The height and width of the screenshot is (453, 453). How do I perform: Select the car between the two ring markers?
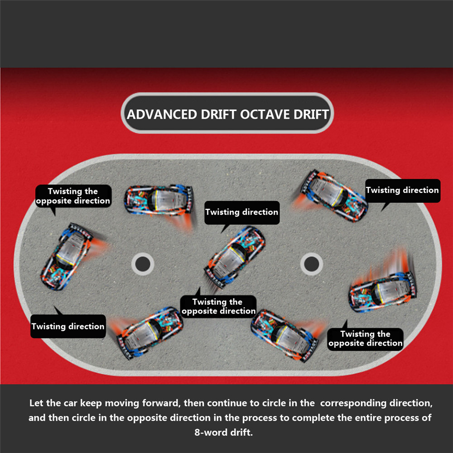[234, 257]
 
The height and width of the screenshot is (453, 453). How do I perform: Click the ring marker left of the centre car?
[143, 264]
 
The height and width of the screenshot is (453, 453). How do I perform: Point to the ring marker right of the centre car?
[312, 264]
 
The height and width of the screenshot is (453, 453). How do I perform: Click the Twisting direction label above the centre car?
[242, 212]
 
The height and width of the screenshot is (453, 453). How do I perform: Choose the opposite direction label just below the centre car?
[218, 307]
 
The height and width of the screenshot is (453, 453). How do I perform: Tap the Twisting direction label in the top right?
[403, 190]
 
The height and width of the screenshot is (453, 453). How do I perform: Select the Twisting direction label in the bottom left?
[68, 327]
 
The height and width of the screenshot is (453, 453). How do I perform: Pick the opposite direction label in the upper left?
[73, 196]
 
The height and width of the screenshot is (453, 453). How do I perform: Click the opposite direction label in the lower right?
[366, 339]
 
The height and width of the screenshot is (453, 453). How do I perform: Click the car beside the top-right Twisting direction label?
[334, 196]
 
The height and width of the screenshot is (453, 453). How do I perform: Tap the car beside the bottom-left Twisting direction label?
[149, 333]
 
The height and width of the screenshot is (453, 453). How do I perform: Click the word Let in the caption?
[36, 403]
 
